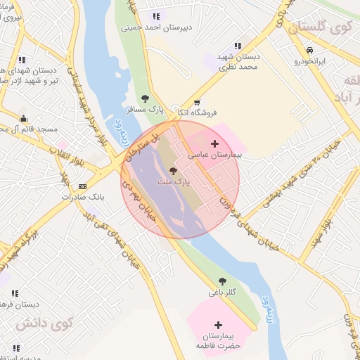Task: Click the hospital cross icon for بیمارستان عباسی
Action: pyautogui.click(x=214, y=143)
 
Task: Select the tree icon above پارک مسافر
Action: pyautogui.click(x=145, y=98)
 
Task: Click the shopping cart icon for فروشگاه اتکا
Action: pyautogui.click(x=196, y=102)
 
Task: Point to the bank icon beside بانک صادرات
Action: pyautogui.click(x=83, y=186)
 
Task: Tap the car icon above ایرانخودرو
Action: pyautogui.click(x=309, y=50)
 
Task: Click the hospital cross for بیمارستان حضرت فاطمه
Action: pyautogui.click(x=219, y=325)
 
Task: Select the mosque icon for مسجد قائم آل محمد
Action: pyautogui.click(x=23, y=118)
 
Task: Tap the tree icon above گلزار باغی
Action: pyautogui.click(x=222, y=281)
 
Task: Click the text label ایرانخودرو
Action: pyautogui.click(x=310, y=60)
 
